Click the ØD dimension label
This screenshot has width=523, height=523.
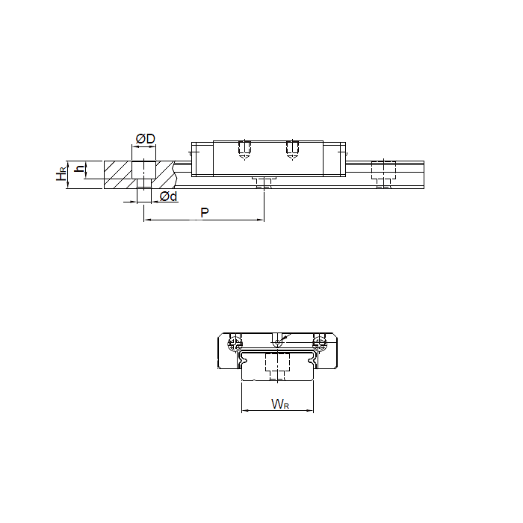point(146,138)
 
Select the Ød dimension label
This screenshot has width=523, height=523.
point(168,196)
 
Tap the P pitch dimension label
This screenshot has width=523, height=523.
point(205,212)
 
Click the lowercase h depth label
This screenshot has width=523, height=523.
point(80,169)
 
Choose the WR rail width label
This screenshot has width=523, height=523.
point(280,404)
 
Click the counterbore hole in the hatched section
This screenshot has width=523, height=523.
point(143,175)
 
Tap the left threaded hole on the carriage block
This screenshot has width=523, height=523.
point(244,149)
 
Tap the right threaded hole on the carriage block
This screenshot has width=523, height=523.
point(293,149)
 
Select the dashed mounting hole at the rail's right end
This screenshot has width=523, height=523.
point(383,174)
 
